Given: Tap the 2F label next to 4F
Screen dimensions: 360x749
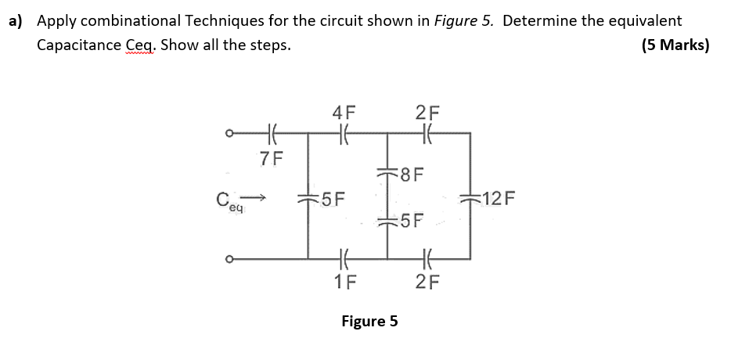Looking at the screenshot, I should (427, 113).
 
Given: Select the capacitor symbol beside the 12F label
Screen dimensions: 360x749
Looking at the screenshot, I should (470, 198).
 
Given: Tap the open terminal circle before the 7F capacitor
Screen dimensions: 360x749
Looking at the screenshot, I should (229, 134).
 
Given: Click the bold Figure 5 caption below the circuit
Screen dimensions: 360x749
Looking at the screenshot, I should (369, 321).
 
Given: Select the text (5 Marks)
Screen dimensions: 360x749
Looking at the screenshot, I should (674, 45).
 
